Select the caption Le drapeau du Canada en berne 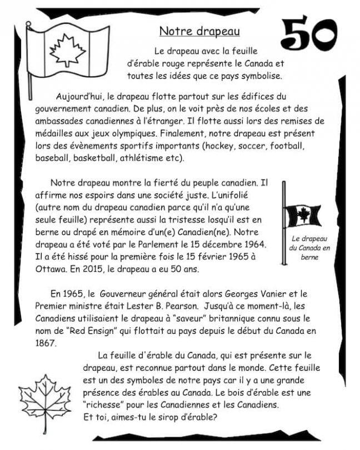click(311, 248)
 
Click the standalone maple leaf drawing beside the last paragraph click(44, 402)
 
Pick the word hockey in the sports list click(223, 146)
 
